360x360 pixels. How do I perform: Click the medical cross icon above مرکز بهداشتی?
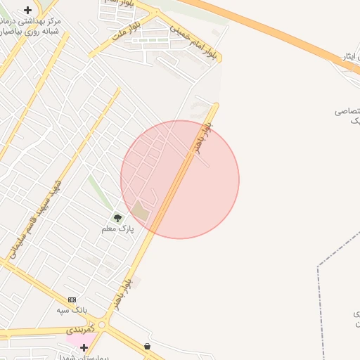[27, 10]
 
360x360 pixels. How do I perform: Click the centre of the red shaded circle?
[180, 179]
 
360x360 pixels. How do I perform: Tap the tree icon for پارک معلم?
[117, 218]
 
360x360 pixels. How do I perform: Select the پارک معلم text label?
[117, 229]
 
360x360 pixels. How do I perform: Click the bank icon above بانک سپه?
[72, 300]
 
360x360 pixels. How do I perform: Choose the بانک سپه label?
[72, 310]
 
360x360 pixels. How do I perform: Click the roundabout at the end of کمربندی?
[103, 326]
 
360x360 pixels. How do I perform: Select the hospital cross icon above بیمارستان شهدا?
[84, 347]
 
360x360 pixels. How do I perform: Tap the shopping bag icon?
[147, 346]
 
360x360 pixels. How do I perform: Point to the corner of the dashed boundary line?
[318, 266]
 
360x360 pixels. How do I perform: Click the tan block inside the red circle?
[141, 210]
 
